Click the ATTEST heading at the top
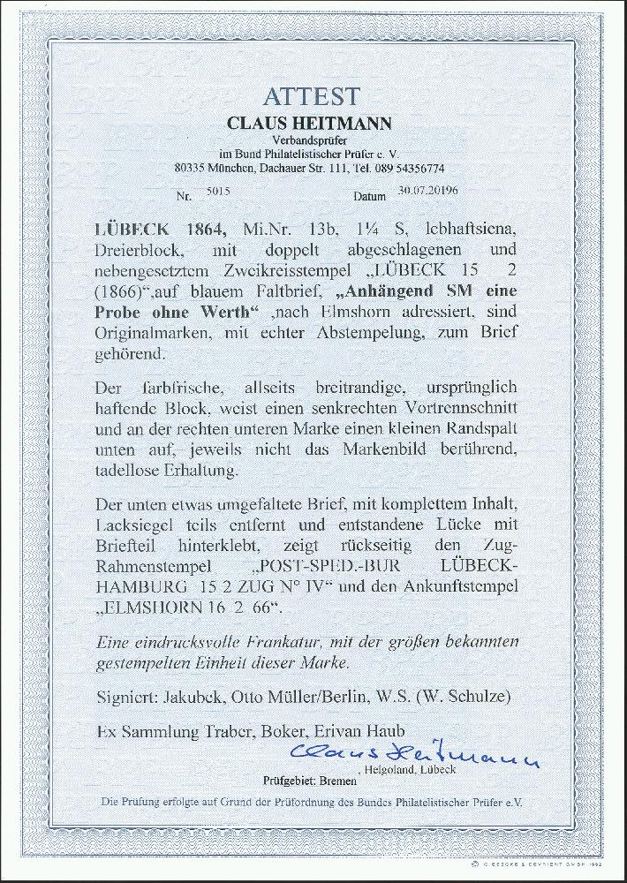pyautogui.click(x=313, y=96)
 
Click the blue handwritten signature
pyautogui.click(x=415, y=756)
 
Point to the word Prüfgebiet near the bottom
pyautogui.click(x=290, y=781)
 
